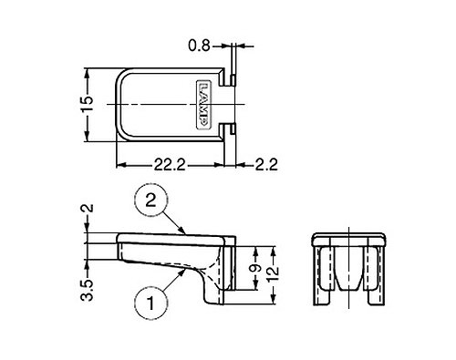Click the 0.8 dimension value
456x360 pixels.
pyautogui.click(x=199, y=46)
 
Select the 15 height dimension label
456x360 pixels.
pyautogui.click(x=87, y=105)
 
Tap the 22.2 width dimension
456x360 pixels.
pyautogui.click(x=169, y=165)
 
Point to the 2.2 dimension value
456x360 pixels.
pyautogui.click(x=266, y=165)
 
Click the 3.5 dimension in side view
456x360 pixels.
pyautogui.click(x=88, y=290)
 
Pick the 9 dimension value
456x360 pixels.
pyautogui.click(x=256, y=268)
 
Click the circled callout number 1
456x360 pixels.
pyautogui.click(x=151, y=303)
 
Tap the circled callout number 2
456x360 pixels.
pyautogui.click(x=151, y=201)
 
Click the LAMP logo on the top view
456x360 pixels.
pyautogui.click(x=203, y=105)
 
